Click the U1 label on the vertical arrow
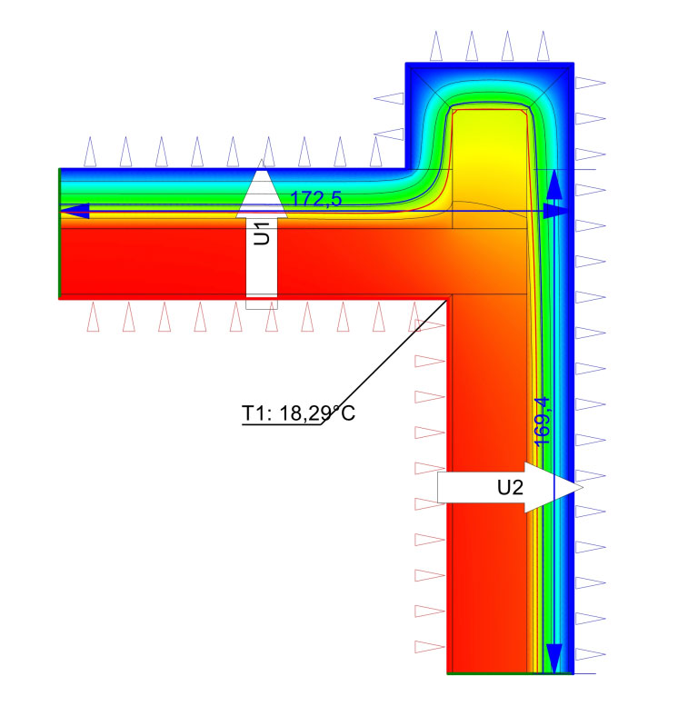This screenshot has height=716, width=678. [262, 234]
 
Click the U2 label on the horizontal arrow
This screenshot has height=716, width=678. [510, 488]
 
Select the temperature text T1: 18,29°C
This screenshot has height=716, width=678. [298, 413]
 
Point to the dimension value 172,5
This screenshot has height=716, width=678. [316, 199]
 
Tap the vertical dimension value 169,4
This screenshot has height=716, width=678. [542, 422]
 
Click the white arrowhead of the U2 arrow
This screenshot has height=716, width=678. [553, 487]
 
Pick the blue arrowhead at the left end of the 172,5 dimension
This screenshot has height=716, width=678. [75, 212]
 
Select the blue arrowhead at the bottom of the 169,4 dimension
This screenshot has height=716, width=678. [554, 658]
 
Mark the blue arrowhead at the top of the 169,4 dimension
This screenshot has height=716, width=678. [554, 184]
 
